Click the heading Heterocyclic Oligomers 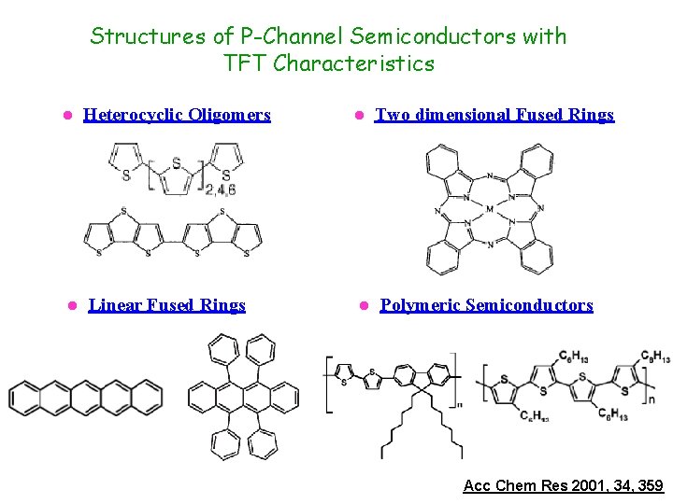point(177,115)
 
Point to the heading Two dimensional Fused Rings point(494,115)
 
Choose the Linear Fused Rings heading point(166,305)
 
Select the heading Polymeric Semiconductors point(486,305)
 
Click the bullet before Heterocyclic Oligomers point(66,116)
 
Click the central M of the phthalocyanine point(489,209)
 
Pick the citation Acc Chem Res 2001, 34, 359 point(563,485)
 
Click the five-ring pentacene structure point(85,397)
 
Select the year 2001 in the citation point(581,485)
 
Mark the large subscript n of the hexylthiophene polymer point(651,398)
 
